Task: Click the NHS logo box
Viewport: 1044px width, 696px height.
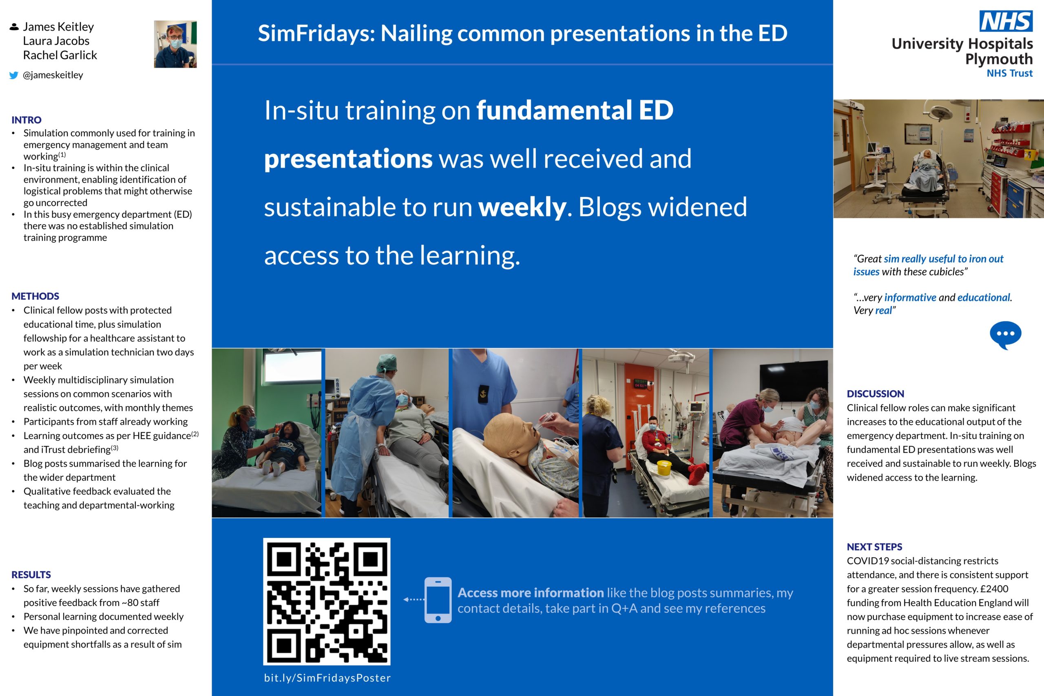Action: (1005, 21)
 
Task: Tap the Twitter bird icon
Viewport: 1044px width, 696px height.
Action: (14, 75)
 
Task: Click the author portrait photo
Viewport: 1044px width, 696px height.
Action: (175, 44)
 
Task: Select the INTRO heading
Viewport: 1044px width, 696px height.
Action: (27, 120)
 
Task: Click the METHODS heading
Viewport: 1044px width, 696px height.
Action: (35, 296)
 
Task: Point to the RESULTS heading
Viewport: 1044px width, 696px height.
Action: (31, 574)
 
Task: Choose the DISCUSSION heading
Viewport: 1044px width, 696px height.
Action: (875, 394)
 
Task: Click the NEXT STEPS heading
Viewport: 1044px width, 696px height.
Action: (874, 547)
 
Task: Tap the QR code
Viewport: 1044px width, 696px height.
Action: (327, 601)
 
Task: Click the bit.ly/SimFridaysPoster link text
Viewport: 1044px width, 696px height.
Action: (327, 678)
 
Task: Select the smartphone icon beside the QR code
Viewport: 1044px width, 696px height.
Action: (438, 600)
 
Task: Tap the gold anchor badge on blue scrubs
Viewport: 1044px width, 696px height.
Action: (483, 394)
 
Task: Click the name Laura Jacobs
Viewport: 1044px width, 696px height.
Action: (56, 41)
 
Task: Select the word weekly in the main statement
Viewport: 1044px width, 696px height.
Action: (522, 207)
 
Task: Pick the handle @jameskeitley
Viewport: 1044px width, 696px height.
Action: (53, 75)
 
